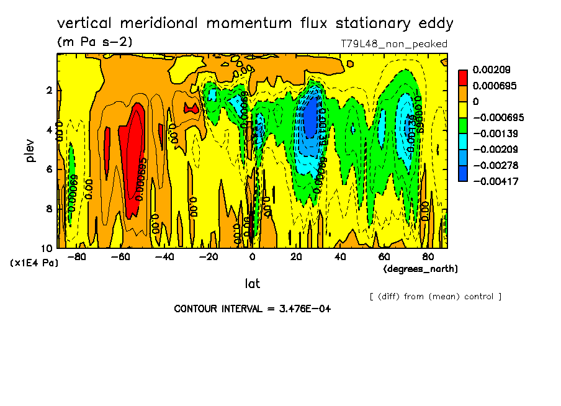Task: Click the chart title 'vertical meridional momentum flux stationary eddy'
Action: [255, 24]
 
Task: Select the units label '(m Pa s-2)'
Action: [94, 42]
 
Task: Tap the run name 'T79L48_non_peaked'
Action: [394, 44]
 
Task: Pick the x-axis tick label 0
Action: [252, 256]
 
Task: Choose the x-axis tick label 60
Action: [384, 256]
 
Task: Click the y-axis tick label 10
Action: [48, 248]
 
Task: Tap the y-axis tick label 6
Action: [50, 169]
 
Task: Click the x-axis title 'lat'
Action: [252, 284]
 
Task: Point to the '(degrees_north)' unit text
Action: [420, 268]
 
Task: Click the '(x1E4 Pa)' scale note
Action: [34, 263]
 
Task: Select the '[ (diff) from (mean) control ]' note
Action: [435, 296]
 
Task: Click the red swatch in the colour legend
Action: [463, 77]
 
